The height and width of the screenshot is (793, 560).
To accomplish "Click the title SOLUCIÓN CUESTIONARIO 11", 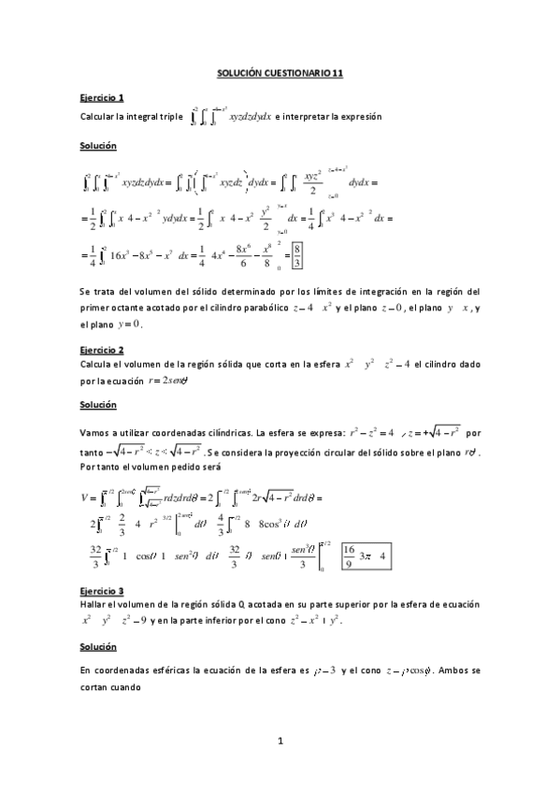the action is [280, 71].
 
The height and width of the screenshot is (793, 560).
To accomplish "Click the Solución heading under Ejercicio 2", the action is [98, 404].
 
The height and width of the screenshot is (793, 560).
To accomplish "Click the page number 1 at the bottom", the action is [280, 742].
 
